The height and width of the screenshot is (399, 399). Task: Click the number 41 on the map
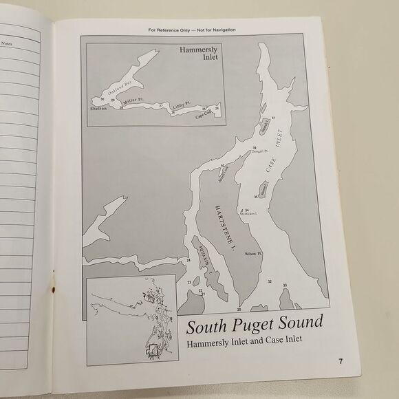point(274,119)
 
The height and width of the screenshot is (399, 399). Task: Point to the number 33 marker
point(284,284)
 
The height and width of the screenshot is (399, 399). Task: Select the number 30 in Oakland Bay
point(102,100)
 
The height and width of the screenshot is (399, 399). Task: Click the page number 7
point(340,361)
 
